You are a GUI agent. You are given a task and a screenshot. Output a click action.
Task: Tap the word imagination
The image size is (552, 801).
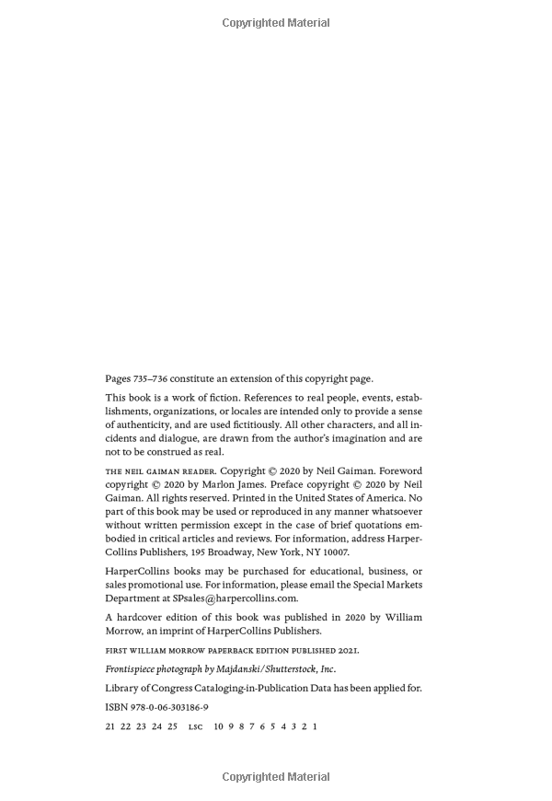click(x=363, y=438)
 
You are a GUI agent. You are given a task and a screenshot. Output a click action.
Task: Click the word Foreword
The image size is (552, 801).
click(x=400, y=470)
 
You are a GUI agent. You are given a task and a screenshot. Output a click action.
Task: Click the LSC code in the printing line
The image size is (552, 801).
click(x=195, y=726)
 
